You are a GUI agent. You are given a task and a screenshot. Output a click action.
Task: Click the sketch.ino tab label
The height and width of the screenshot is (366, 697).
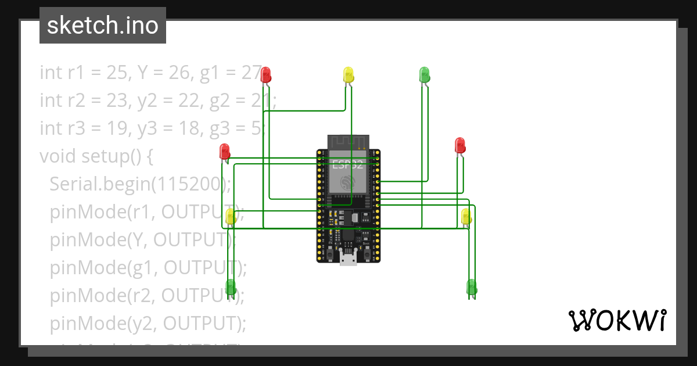coord(102,26)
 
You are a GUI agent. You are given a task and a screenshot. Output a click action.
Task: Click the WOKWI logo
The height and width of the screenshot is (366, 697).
coord(617,320)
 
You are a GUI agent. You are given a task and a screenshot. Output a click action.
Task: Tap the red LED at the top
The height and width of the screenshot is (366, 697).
coord(265,74)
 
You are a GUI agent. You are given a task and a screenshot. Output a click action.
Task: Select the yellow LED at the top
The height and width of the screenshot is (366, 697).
coord(348,74)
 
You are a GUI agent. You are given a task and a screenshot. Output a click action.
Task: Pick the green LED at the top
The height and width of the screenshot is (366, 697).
coord(425,74)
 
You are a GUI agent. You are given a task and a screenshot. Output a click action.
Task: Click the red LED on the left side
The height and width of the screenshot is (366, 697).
coord(225,152)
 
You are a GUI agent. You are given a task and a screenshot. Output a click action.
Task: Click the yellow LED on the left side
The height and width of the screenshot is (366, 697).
coord(230,217)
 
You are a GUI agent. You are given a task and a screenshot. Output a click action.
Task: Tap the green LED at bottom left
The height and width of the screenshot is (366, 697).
coord(231,286)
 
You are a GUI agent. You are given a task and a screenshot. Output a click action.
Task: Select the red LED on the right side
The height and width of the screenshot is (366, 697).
coord(460,145)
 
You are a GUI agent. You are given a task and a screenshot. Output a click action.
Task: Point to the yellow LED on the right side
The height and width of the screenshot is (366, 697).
coord(466,217)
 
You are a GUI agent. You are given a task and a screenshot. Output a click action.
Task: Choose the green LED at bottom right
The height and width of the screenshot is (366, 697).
coord(472,287)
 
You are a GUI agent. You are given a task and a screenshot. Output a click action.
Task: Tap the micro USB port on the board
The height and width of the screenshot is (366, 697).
coord(348,259)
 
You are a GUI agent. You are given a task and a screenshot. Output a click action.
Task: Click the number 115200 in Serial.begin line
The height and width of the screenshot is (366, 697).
coord(188,184)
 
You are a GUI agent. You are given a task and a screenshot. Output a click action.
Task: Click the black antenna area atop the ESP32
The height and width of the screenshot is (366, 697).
coord(348,142)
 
